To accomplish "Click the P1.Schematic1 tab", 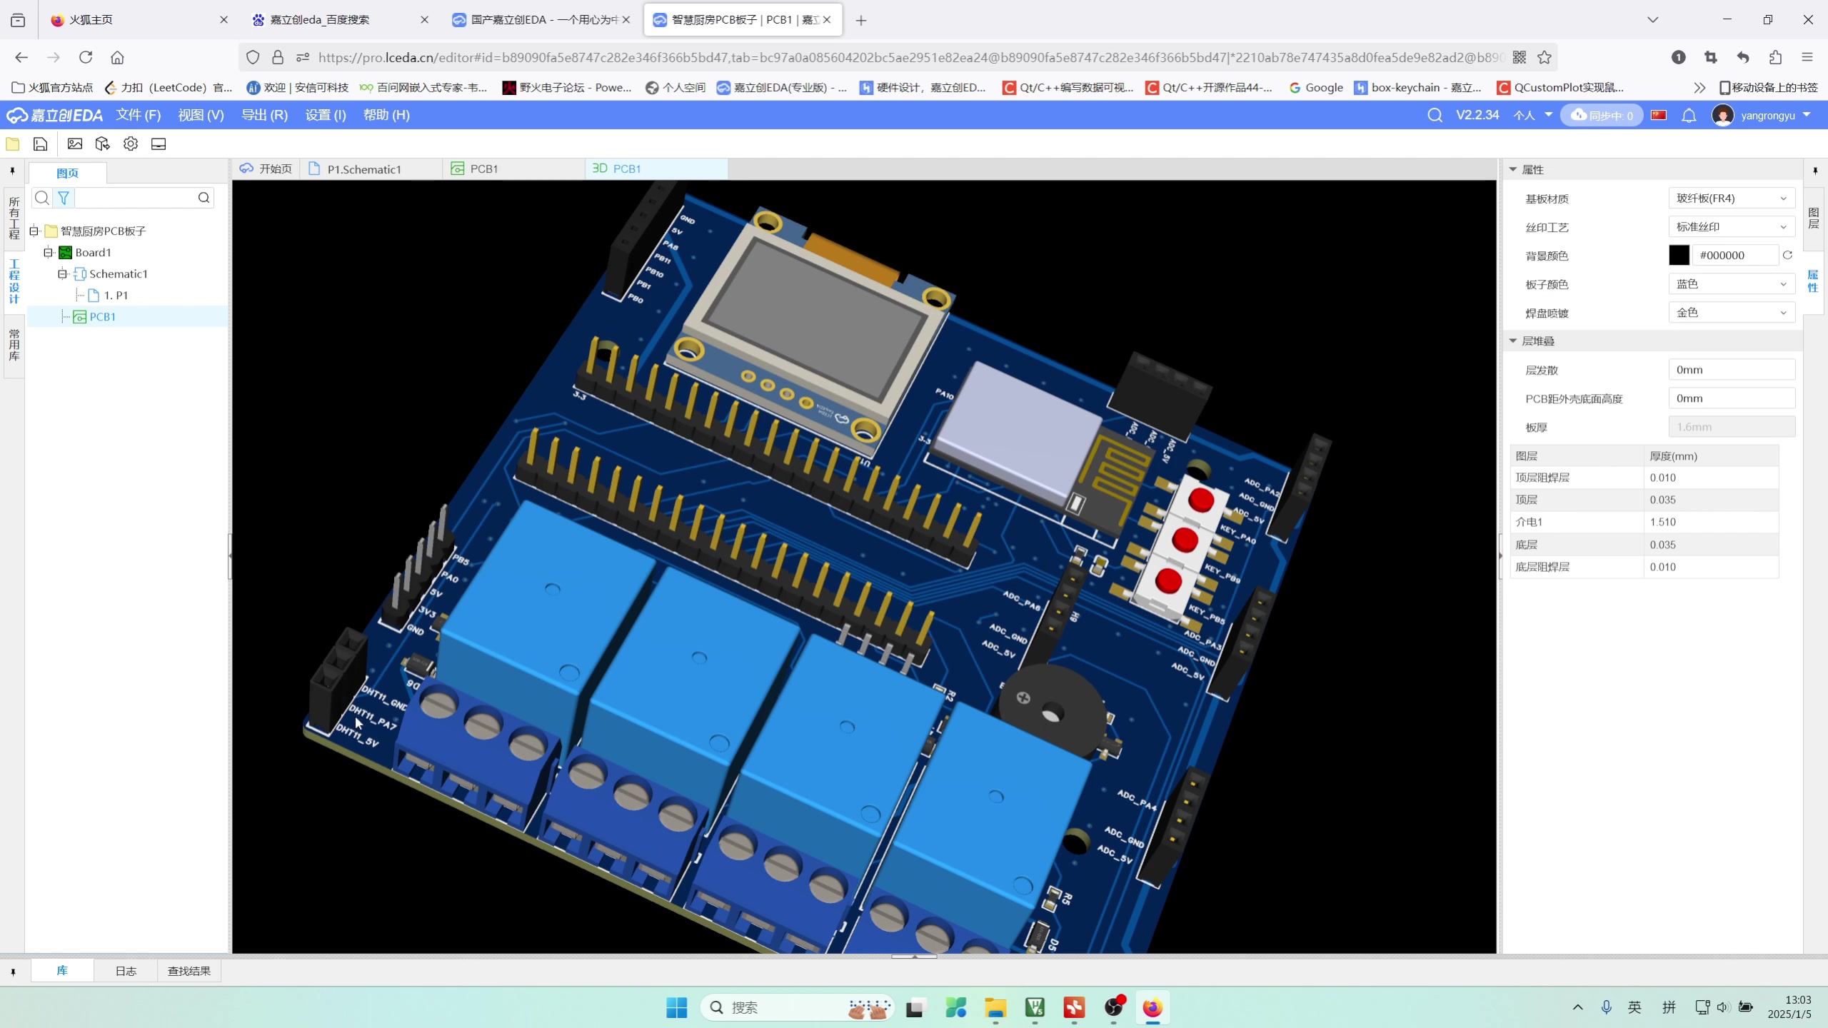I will click(363, 169).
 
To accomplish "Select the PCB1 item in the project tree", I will click(102, 316).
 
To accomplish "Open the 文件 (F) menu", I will click(139, 115).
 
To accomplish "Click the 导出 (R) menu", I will click(264, 115).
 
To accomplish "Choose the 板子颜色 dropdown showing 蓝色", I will click(1731, 284).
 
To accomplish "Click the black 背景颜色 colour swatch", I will click(1679, 256).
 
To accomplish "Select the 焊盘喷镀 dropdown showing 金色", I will click(1731, 313).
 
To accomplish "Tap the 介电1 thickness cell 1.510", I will click(1662, 522).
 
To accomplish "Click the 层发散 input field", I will click(1731, 370).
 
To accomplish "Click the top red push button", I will click(1201, 500).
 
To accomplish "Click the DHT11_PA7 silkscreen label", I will click(372, 717).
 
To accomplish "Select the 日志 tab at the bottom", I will click(126, 971).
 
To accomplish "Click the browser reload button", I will click(86, 57).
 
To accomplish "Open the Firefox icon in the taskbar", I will click(1152, 1007).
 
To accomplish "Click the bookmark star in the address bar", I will click(1545, 57).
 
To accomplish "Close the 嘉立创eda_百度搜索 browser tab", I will click(425, 20).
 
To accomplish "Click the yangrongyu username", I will click(1767, 116).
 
